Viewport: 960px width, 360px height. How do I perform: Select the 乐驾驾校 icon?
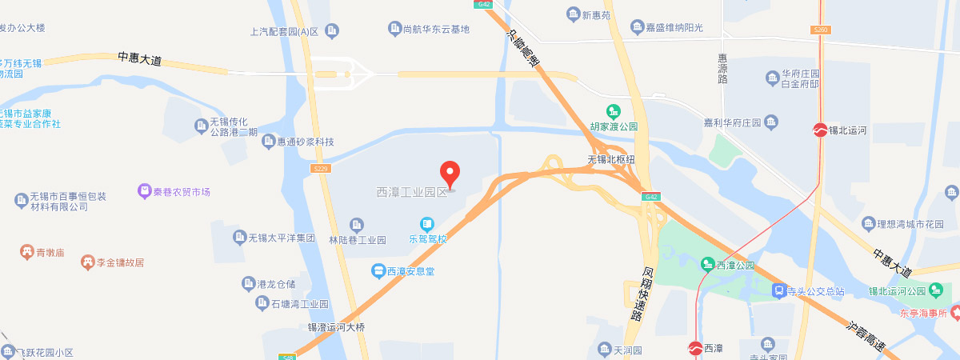tap(427, 223)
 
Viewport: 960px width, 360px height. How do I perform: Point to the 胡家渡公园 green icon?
tap(614, 111)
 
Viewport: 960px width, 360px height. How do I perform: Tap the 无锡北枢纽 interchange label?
tap(611, 159)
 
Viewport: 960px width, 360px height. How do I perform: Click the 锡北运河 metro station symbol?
tap(820, 129)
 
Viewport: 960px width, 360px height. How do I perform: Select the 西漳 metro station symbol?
tap(695, 348)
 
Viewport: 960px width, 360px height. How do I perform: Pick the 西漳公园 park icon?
tap(707, 264)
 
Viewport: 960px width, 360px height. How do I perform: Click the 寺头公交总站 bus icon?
tap(778, 291)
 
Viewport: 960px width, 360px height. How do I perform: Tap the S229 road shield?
tap(321, 169)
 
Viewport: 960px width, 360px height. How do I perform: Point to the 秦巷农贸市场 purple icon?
tap(144, 191)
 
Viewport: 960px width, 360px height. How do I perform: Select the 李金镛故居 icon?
tap(87, 262)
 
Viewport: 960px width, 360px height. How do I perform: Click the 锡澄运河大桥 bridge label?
tap(336, 327)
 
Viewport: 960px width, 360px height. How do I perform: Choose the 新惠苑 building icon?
tap(573, 14)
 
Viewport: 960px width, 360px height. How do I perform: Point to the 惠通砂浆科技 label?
tap(305, 142)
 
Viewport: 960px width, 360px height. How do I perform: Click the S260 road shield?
tap(820, 30)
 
